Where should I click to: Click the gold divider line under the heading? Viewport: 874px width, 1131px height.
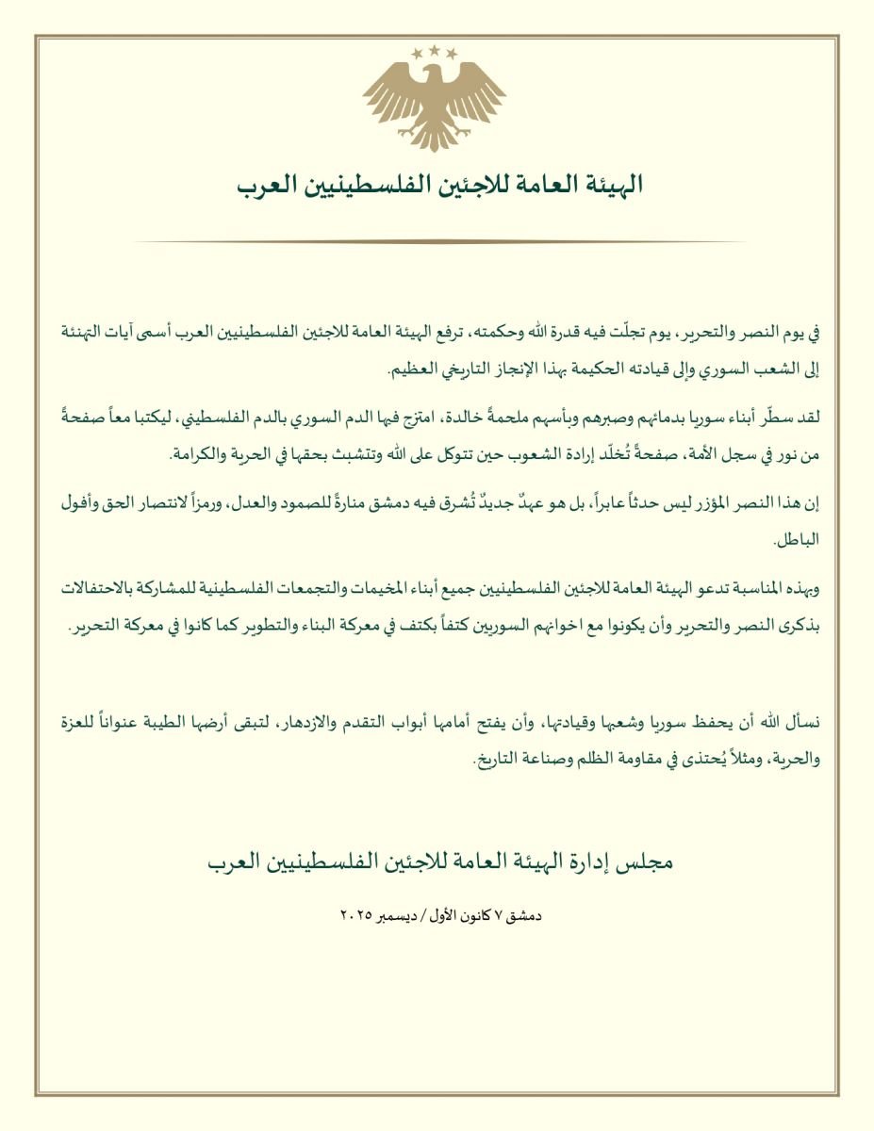click(437, 242)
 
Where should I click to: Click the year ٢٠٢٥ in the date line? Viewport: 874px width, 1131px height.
click(355, 915)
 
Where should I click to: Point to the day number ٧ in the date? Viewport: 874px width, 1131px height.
click(506, 915)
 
